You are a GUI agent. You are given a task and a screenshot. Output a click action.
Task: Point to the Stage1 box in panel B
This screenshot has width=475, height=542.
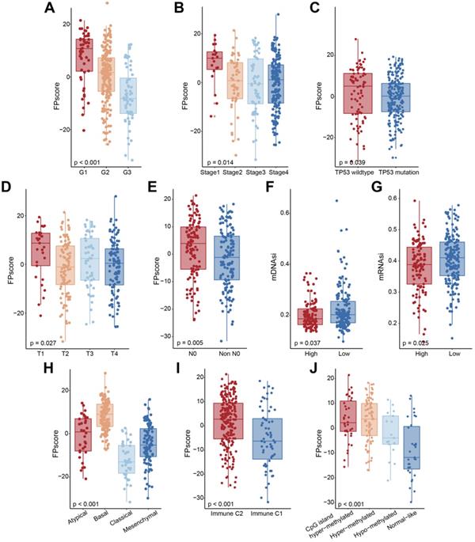pyautogui.click(x=215, y=61)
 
